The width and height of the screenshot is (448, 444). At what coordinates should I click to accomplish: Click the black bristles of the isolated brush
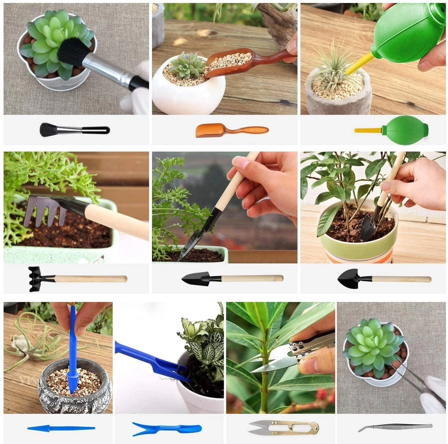tap(49, 129)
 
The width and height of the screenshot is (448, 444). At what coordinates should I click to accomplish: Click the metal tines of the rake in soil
tap(41, 212)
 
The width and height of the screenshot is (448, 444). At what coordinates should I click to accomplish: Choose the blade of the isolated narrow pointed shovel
tap(196, 278)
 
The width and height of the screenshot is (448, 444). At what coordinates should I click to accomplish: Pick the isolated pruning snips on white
tap(283, 427)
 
